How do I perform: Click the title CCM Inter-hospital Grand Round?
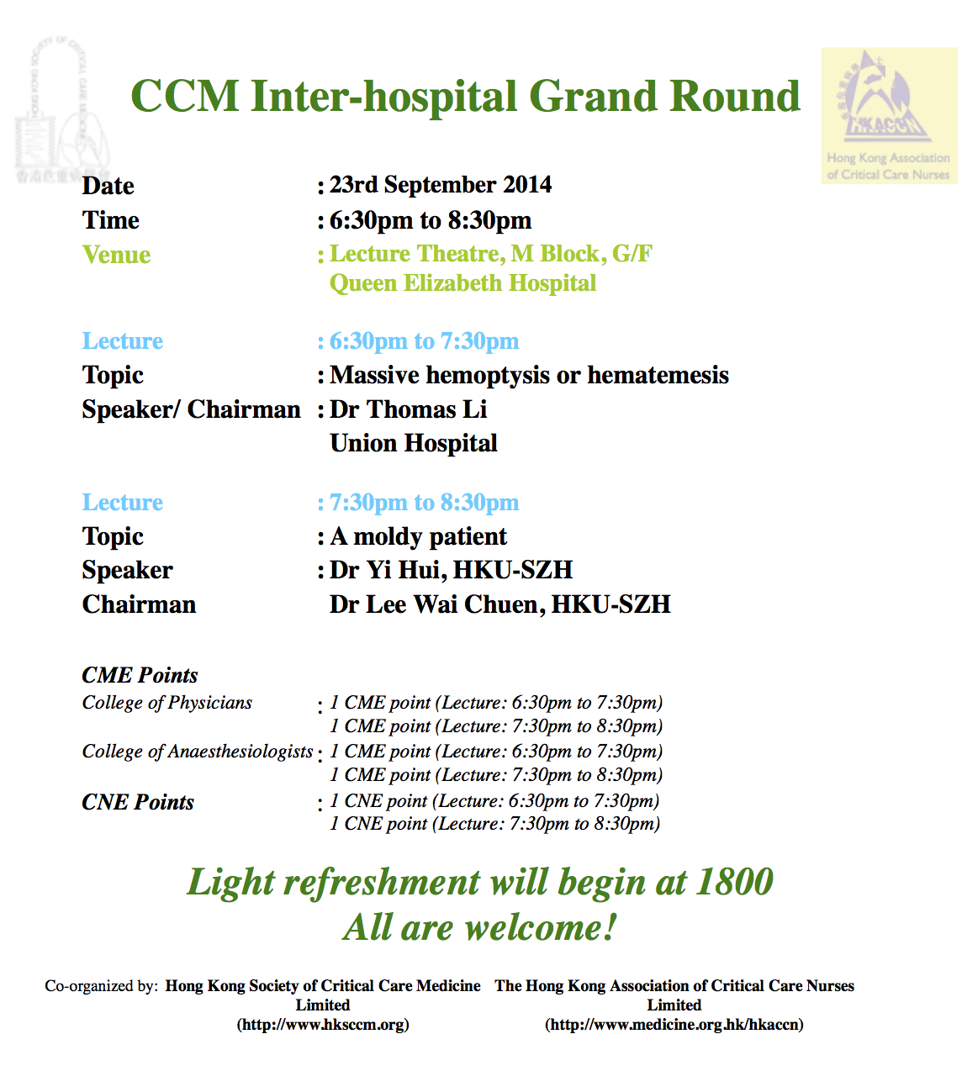(465, 98)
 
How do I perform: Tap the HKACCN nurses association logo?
(889, 116)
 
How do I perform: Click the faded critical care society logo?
(62, 110)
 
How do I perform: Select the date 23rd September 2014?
(441, 185)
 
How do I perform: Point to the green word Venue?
(116, 255)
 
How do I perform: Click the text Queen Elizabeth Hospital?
(462, 283)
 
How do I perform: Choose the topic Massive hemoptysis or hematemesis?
(530, 375)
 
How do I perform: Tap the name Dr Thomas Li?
(409, 409)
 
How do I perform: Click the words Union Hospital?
(414, 443)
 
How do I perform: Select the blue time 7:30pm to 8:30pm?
(424, 502)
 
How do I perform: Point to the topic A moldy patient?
(418, 536)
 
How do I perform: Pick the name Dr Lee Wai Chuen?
(436, 604)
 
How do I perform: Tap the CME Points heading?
(140, 675)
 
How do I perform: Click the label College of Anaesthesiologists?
(198, 752)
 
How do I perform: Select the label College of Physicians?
(167, 703)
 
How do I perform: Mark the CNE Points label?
(138, 802)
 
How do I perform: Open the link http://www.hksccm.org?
(323, 1024)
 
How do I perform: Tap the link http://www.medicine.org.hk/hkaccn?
(674, 1024)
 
